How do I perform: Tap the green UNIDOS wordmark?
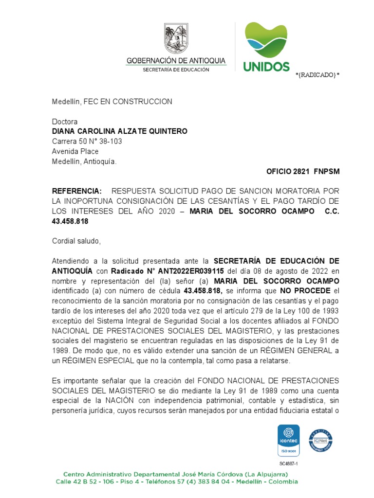tap(266, 67)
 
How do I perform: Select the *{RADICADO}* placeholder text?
tap(318, 74)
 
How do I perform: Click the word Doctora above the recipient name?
tap(65, 122)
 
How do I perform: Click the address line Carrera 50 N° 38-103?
tap(87, 142)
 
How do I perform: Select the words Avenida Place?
tap(75, 151)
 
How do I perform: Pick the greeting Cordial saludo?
tap(76, 241)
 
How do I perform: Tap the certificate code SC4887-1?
tap(288, 463)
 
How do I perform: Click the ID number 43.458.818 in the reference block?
tap(70, 221)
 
